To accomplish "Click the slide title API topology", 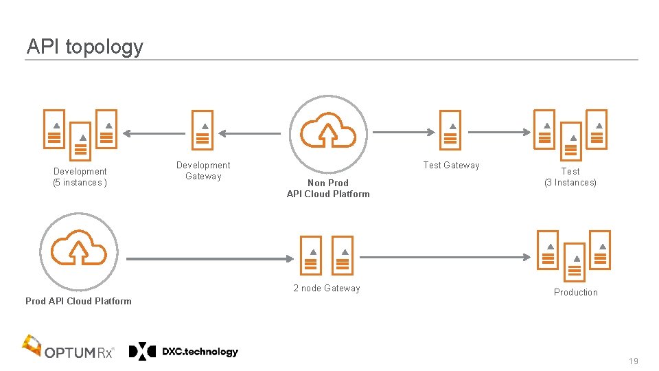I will pos(85,47).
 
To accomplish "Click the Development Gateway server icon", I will pos(203,130).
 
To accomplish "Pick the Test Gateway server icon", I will pos(450,130).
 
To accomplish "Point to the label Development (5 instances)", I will pos(80,177).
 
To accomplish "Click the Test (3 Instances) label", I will pos(570,177).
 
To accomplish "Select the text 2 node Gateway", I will pos(327,289).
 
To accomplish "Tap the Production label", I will pos(576,293).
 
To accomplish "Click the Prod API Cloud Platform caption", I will pos(78,301).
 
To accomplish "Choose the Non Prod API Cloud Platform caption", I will pos(328,188).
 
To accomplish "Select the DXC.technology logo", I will pos(184,352).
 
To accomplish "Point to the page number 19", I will pos(633,361).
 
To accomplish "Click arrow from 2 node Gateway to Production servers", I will pos(446,257).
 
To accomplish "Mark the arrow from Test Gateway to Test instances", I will pos(501,133).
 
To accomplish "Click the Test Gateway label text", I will pos(451,165).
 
